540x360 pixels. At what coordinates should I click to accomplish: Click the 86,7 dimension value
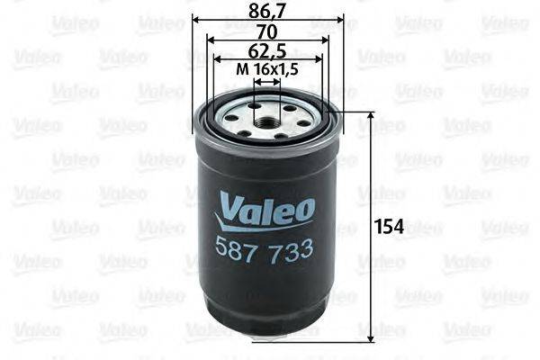click(x=267, y=12)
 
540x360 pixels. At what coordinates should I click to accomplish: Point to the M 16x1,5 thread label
click(x=266, y=69)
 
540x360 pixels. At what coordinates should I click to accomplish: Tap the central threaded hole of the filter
click(x=266, y=117)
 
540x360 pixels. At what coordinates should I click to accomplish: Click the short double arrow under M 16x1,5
click(x=266, y=80)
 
